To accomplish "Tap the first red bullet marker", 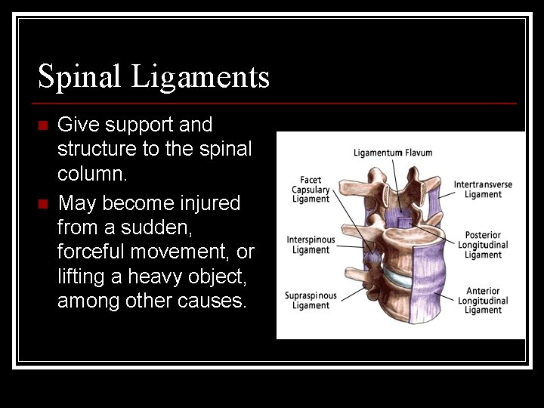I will [x=43, y=125].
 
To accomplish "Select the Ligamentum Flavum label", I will [x=393, y=153].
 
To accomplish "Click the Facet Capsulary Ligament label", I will [x=311, y=190].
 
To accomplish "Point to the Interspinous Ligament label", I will [x=311, y=245].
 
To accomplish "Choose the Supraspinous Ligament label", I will [x=311, y=300].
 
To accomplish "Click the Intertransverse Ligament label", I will [x=483, y=190].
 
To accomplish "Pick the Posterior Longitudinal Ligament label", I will [x=483, y=245].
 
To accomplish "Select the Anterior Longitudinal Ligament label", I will [x=483, y=300].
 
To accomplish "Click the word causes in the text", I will [x=211, y=300].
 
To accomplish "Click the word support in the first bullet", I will [x=136, y=125].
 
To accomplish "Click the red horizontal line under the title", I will [x=277, y=103].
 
